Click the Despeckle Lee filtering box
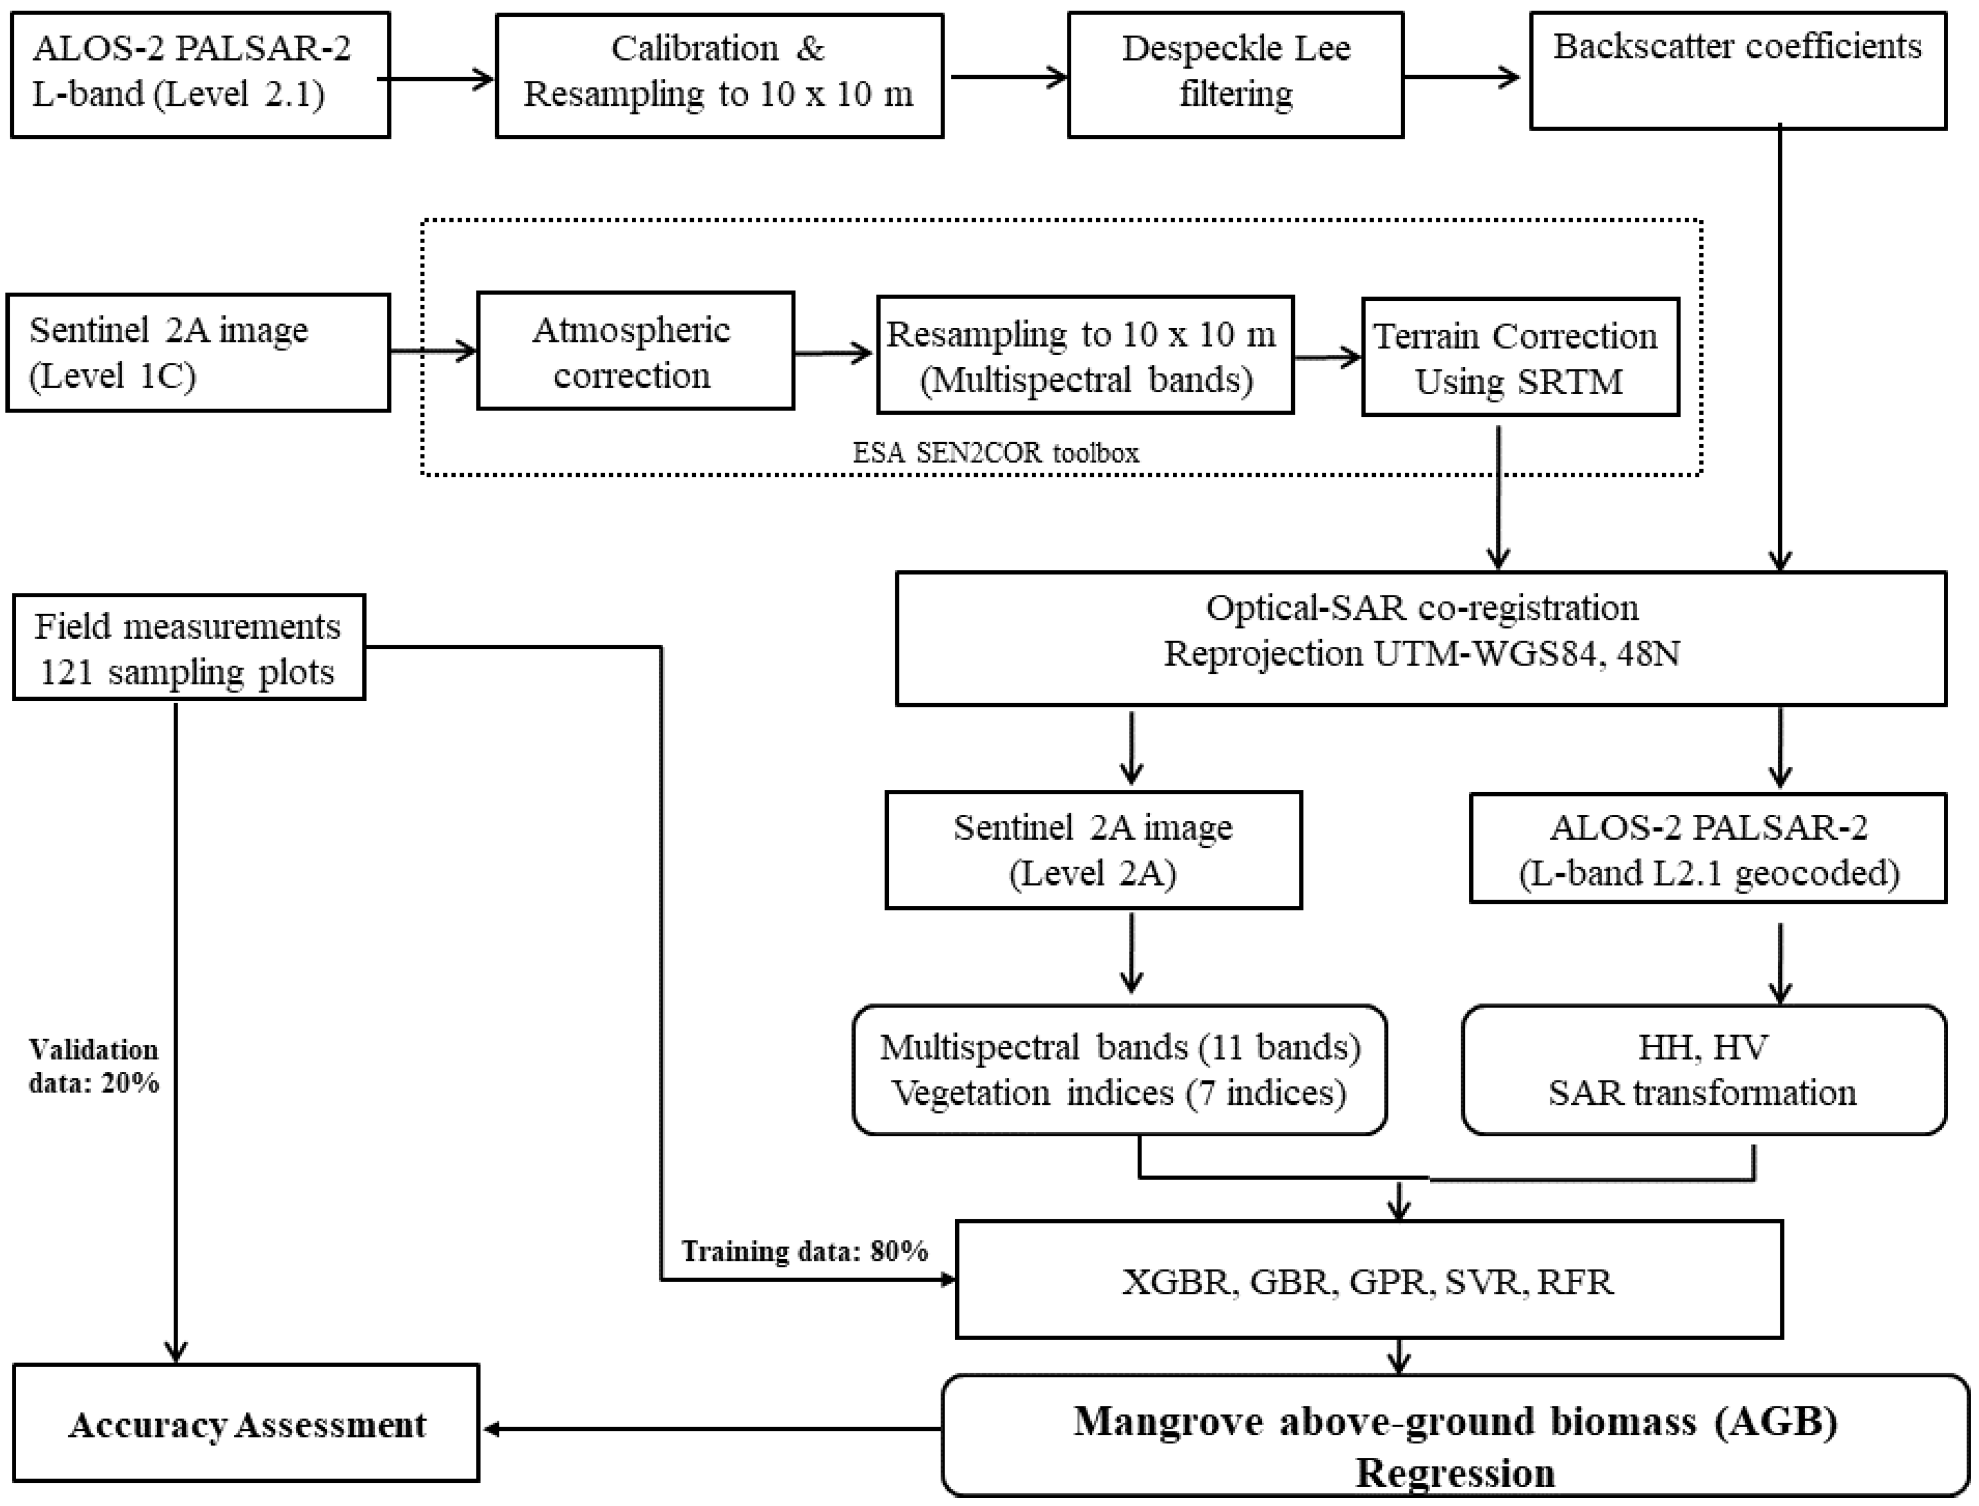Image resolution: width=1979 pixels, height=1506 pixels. point(1235,75)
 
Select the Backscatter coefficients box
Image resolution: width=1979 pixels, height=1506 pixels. point(1737,70)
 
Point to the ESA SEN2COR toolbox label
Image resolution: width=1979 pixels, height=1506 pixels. point(995,453)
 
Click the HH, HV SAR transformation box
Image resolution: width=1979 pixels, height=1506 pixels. point(1703,1070)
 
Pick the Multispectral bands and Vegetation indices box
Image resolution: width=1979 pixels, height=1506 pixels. point(1119,1070)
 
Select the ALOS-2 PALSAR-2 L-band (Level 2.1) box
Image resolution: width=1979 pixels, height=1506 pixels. point(200,75)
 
